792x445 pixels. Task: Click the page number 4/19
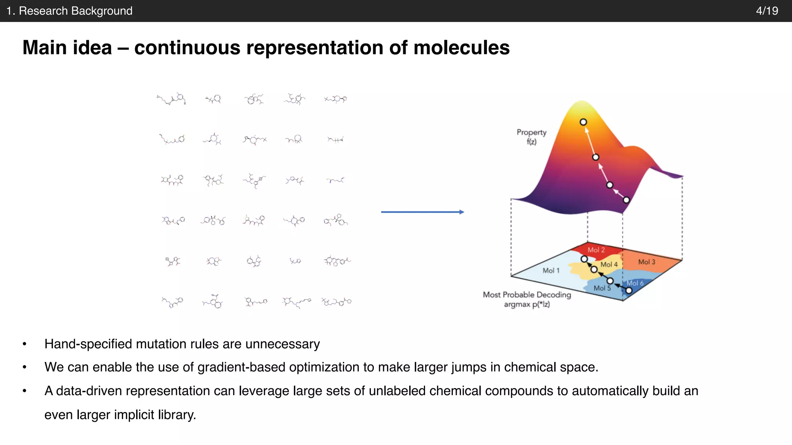tap(767, 11)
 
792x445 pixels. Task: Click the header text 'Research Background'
tap(75, 11)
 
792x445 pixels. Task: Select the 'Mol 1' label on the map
tap(551, 270)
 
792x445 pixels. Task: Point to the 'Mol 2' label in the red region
tap(596, 250)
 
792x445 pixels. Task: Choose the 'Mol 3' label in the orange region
tap(647, 262)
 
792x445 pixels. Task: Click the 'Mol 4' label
tap(609, 265)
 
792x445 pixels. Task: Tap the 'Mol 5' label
tap(602, 288)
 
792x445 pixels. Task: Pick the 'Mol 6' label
tap(635, 283)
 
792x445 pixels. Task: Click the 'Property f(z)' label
tap(531, 137)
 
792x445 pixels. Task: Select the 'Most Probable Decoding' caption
tap(527, 295)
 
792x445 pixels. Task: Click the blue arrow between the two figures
tap(422, 212)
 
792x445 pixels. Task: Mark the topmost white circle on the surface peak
tap(583, 122)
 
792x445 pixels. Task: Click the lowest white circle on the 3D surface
tap(626, 200)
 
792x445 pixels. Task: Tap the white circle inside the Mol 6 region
tap(629, 290)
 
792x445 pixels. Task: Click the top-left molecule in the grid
tap(171, 99)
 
